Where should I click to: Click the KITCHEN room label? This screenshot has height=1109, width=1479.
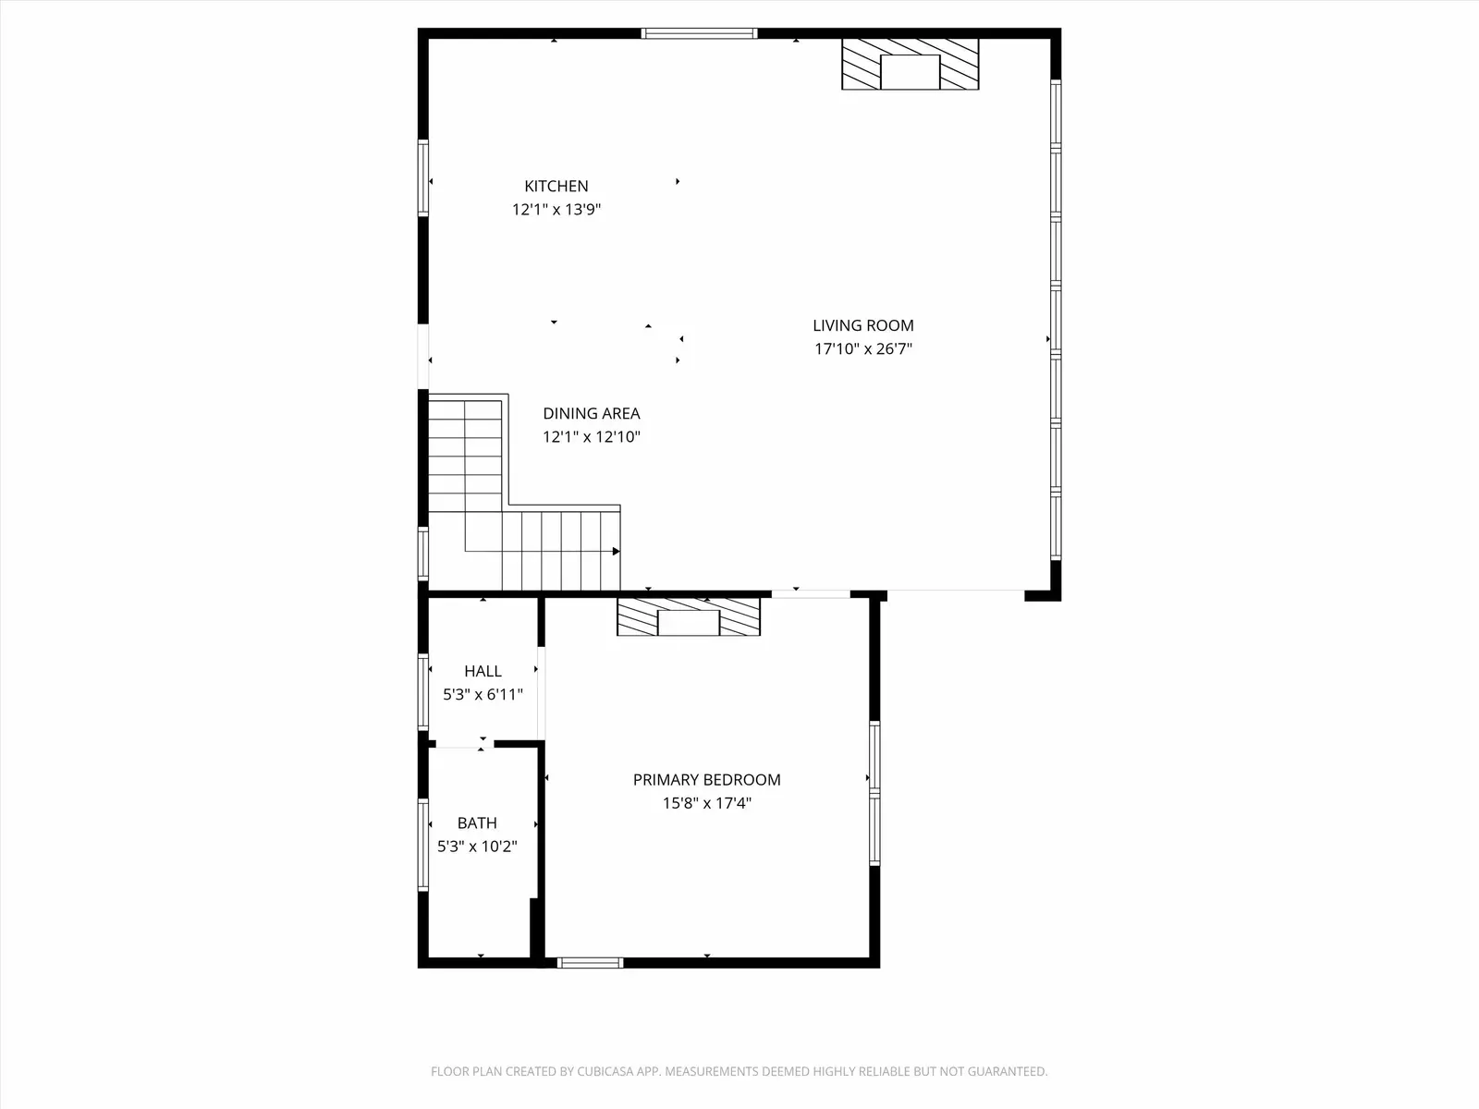[556, 186]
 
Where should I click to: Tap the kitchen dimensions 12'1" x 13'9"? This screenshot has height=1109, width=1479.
[556, 210]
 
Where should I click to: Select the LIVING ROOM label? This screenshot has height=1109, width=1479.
[863, 325]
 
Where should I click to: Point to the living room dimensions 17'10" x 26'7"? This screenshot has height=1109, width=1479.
[863, 348]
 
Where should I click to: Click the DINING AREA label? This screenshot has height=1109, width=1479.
[592, 413]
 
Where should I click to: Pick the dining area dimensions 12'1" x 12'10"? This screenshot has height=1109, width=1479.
[592, 437]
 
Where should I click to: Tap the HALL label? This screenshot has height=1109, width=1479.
[483, 671]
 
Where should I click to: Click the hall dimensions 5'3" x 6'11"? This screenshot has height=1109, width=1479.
[483, 694]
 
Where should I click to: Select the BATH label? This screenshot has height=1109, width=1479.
[477, 823]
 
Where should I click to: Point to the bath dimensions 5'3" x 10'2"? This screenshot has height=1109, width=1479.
[477, 847]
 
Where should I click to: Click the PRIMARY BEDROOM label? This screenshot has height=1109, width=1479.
[707, 780]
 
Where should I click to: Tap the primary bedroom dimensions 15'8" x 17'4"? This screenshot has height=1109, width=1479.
[707, 803]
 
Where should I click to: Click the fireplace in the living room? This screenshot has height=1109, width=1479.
[911, 64]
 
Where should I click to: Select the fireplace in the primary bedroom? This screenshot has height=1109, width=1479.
[689, 617]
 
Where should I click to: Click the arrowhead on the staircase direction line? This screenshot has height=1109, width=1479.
[616, 552]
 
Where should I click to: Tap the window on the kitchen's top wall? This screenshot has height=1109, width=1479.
[700, 33]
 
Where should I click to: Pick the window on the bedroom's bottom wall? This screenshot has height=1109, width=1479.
[591, 963]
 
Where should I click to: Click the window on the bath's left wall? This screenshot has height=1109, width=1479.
[423, 845]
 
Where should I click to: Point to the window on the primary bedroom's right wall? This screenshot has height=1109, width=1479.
[874, 793]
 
